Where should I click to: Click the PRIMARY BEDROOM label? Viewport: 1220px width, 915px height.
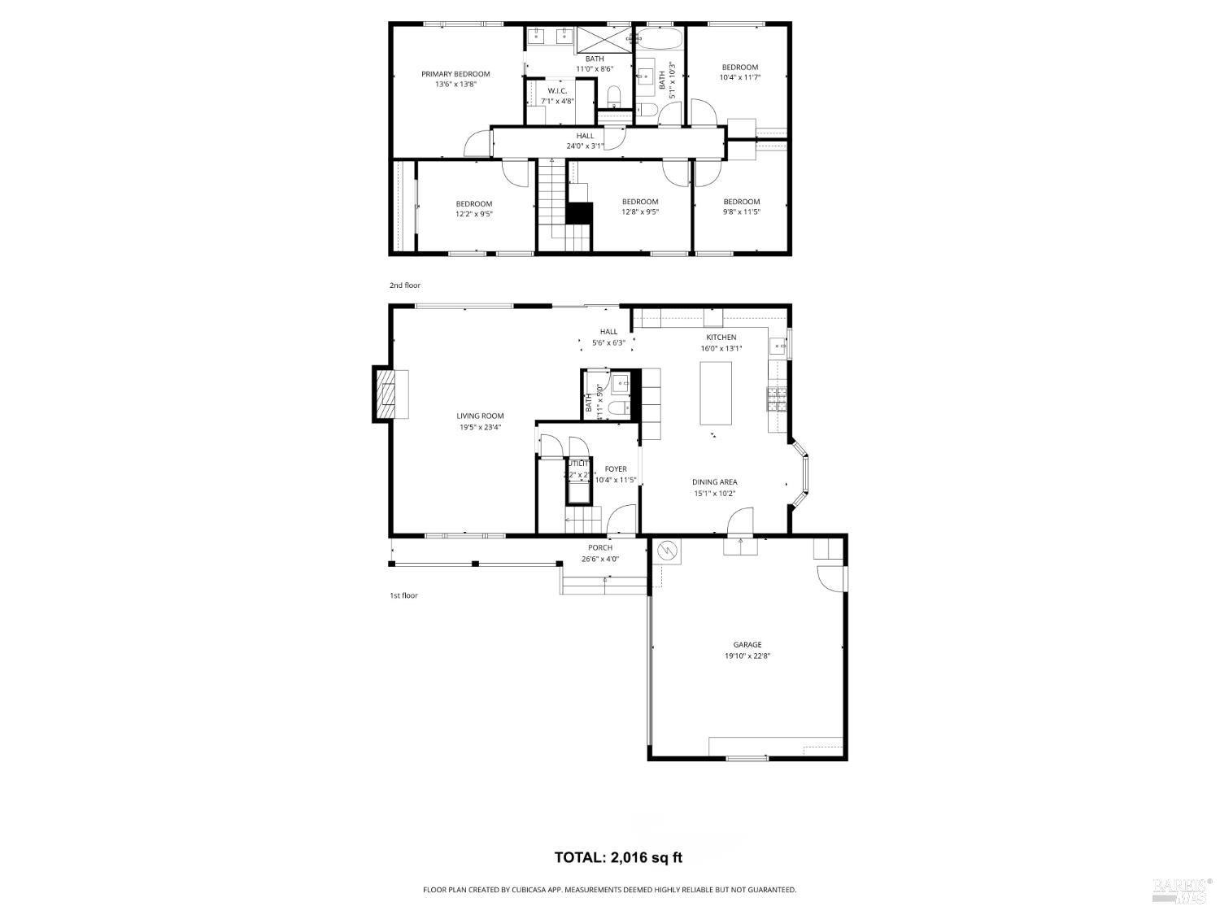455,74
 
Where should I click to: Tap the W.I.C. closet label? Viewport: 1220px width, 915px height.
557,90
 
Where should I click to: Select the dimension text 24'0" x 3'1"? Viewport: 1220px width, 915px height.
585,146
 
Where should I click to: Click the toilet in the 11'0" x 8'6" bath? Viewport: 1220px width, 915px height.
614,99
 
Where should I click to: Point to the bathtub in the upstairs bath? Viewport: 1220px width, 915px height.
660,38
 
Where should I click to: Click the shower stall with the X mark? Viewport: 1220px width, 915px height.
603,38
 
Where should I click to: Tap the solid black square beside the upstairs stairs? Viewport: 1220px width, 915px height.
578,212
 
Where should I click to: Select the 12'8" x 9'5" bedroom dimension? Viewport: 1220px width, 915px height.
640,211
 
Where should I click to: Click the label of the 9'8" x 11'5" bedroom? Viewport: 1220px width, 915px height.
741,202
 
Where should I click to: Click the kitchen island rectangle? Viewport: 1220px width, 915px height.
716,394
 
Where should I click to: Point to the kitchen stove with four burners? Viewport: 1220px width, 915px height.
776,398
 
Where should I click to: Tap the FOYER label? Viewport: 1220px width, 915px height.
616,469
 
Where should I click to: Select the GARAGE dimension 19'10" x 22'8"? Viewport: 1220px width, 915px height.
747,656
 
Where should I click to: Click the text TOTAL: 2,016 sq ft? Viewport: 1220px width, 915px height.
618,856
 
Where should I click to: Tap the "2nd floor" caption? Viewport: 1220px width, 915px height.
404,285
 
